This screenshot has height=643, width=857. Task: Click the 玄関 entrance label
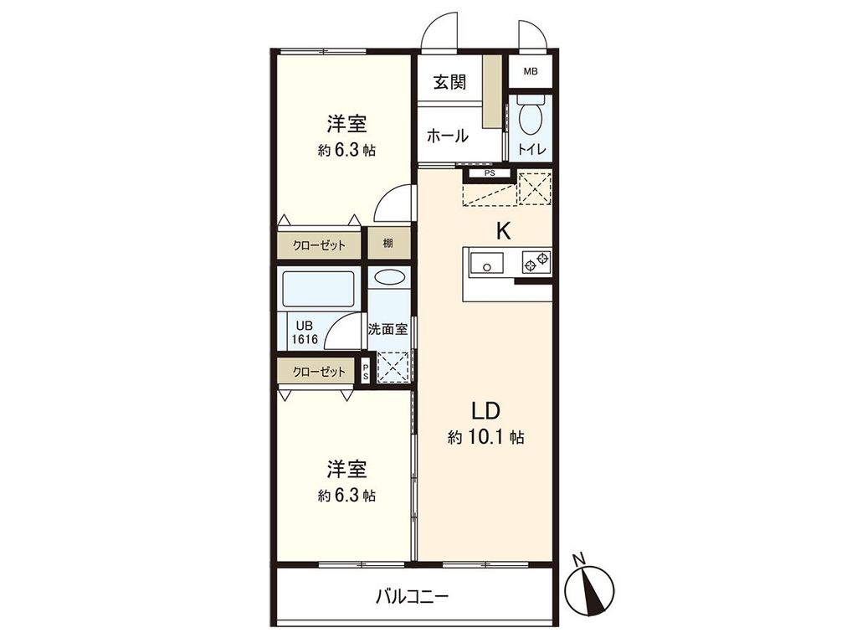click(x=450, y=83)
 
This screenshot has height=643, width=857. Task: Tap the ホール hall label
click(x=447, y=136)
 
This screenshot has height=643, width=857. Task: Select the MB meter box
click(x=531, y=71)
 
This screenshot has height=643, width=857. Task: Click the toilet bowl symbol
click(x=530, y=120)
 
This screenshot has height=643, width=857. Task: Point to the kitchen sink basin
click(x=484, y=264)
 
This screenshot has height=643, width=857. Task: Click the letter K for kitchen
click(x=503, y=232)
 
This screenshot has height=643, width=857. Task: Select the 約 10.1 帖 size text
click(x=485, y=437)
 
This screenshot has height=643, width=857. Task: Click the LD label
click(x=485, y=410)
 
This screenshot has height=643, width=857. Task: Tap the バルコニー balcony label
click(x=412, y=597)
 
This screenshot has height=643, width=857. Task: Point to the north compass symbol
click(x=595, y=584)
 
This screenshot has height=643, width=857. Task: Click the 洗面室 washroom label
click(x=388, y=329)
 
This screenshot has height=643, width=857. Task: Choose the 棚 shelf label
click(x=388, y=244)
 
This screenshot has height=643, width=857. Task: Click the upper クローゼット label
click(x=318, y=245)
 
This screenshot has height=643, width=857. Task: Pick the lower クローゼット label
click(x=318, y=371)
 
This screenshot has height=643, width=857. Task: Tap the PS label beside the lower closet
click(x=366, y=372)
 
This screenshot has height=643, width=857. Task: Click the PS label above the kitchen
click(x=490, y=173)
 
